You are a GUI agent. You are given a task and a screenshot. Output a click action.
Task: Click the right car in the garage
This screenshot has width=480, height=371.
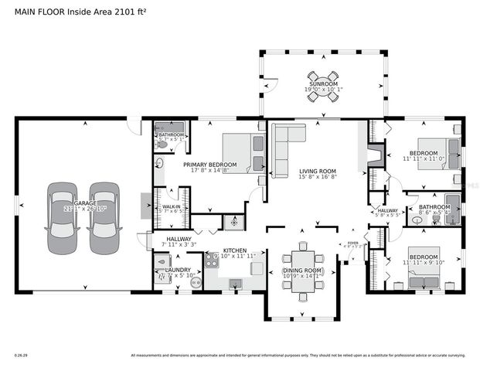coord(103,218)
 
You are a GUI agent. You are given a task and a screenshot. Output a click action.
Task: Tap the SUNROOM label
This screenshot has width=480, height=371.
coord(322,83)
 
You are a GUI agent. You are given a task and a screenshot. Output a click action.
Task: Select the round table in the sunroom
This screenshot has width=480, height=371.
coord(322,77)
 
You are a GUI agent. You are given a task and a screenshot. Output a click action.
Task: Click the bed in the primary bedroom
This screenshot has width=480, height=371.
coord(243,152)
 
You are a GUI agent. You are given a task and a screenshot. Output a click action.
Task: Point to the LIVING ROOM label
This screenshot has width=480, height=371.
coord(317,171)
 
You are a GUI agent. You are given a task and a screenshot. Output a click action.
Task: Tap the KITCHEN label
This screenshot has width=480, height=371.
coord(234,251)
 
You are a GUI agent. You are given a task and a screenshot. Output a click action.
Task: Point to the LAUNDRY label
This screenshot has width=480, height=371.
coord(178,270)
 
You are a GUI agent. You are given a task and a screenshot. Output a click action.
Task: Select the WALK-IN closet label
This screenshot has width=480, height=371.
coord(171,207)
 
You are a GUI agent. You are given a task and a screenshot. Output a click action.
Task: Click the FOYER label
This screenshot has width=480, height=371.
coord(352,243)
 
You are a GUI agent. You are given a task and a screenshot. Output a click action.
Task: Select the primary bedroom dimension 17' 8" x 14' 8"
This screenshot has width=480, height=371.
coord(209,171)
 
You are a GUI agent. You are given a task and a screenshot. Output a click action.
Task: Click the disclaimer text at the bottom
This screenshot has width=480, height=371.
coord(298,356)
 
